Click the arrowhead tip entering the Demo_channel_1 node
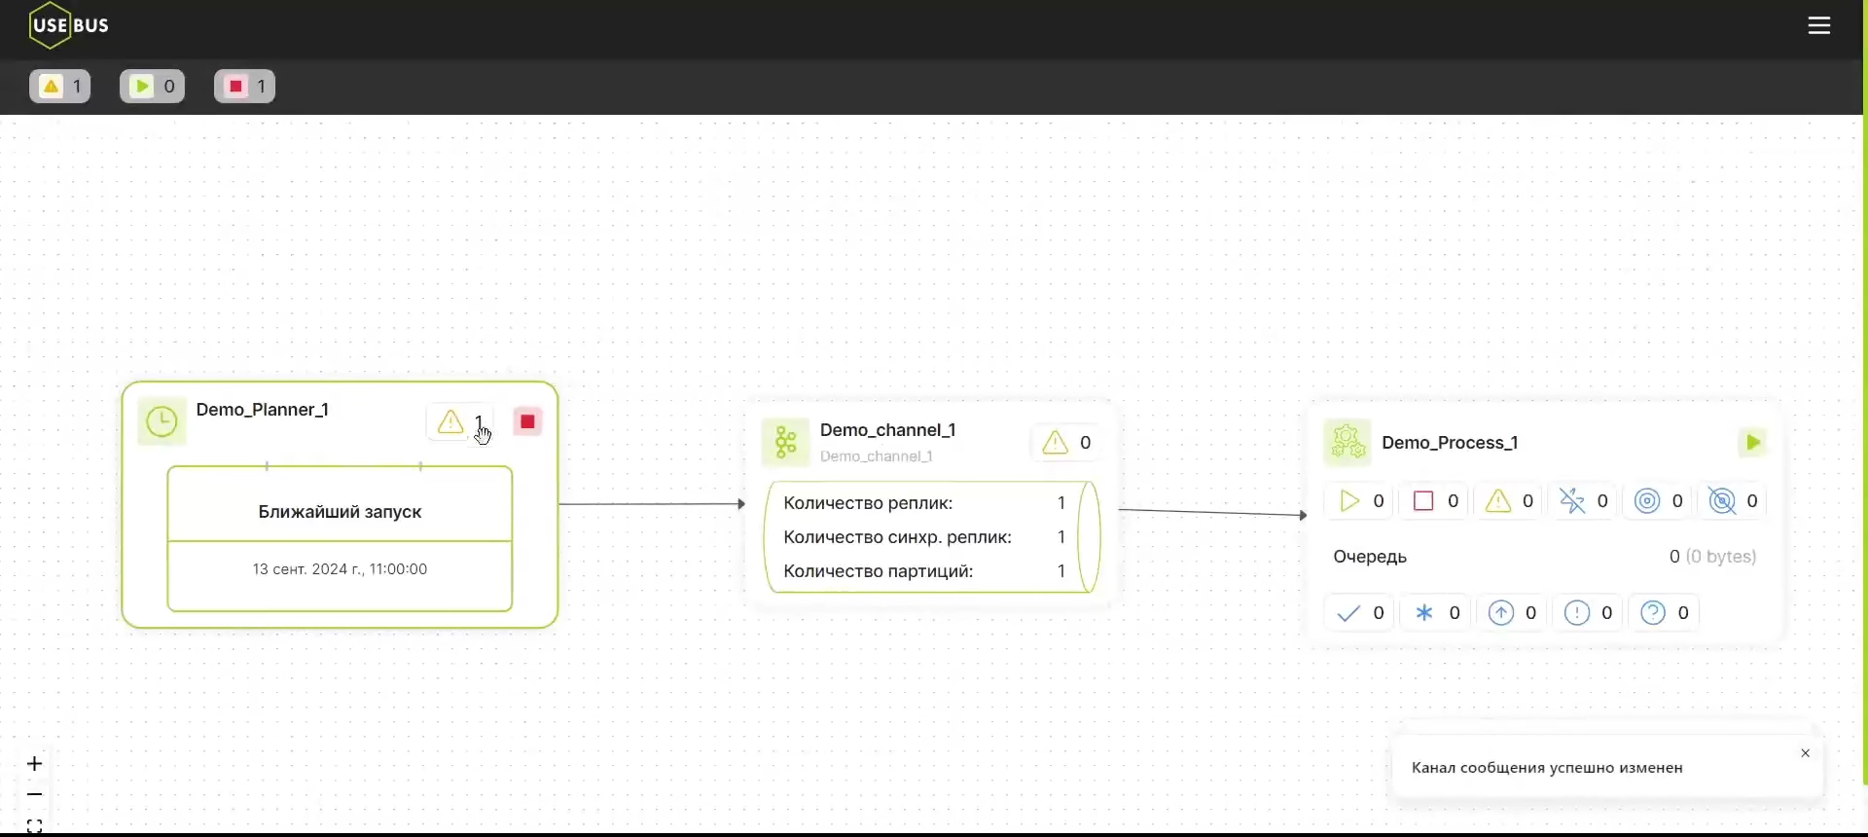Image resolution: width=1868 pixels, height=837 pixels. (746, 504)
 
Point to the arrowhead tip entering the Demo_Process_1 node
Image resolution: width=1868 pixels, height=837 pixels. (1308, 515)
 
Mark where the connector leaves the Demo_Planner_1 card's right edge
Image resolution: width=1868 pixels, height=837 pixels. (559, 504)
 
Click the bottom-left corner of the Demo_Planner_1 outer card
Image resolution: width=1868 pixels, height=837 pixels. (123, 628)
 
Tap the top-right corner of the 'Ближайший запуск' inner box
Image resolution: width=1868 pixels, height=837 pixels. (513, 467)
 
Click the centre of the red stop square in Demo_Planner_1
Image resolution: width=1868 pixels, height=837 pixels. (528, 421)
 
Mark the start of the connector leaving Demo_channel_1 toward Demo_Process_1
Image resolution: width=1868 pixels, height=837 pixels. (1119, 509)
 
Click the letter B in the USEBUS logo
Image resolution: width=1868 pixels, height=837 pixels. (78, 25)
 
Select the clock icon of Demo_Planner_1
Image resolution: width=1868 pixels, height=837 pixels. (162, 421)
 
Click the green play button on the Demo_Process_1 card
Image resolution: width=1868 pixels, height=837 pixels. (1753, 443)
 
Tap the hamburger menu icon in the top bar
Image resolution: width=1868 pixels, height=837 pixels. (1819, 26)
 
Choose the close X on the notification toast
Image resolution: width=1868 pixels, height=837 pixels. (1806, 753)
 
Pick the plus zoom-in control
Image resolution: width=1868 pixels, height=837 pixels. (35, 764)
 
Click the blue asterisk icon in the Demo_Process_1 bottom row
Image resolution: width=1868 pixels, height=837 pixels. (1424, 613)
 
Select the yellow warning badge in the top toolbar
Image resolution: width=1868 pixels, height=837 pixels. (60, 87)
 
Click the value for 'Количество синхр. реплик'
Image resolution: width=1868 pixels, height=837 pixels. (1061, 537)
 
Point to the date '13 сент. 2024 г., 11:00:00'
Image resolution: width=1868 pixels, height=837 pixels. (340, 569)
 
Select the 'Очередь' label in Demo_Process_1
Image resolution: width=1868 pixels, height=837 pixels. (1370, 557)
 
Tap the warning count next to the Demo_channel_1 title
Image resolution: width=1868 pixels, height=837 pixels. (1086, 443)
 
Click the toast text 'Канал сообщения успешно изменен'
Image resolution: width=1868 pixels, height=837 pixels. (1547, 768)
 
